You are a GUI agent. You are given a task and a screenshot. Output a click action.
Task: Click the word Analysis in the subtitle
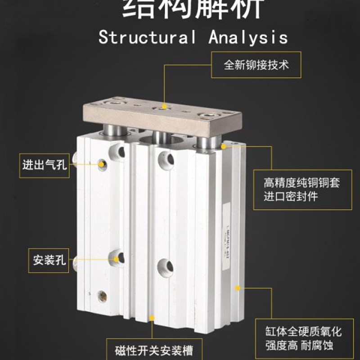[248, 37]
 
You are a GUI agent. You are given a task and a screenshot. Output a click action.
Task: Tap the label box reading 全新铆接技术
[256, 65]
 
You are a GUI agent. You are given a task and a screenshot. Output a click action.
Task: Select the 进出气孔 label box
[44, 165]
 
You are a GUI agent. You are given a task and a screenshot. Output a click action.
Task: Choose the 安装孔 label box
[49, 260]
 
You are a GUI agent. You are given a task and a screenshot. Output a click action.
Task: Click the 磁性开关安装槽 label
[152, 349]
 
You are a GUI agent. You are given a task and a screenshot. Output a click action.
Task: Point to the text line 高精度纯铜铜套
[301, 184]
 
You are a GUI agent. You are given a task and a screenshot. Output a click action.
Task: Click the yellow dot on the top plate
[165, 107]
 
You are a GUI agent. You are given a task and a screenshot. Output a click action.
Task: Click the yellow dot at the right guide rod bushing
[224, 145]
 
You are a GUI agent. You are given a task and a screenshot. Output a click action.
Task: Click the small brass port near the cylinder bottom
[103, 296]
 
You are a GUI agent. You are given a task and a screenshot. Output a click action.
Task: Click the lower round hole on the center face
[165, 268]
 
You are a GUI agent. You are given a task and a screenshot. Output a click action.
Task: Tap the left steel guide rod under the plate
[111, 130]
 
